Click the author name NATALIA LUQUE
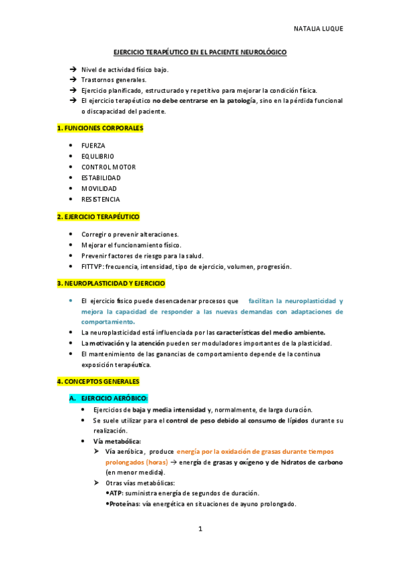pos(319,29)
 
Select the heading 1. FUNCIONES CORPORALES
pos(100,127)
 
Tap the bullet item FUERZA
pos(93,146)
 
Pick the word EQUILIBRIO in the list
pos(97,156)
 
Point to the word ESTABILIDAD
pos(101,178)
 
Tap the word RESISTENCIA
pos(101,199)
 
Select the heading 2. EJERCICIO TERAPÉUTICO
pos(98,217)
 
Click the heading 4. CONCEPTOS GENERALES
pos(98,381)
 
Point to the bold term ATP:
pos(117,493)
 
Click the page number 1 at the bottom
pos(200,529)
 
